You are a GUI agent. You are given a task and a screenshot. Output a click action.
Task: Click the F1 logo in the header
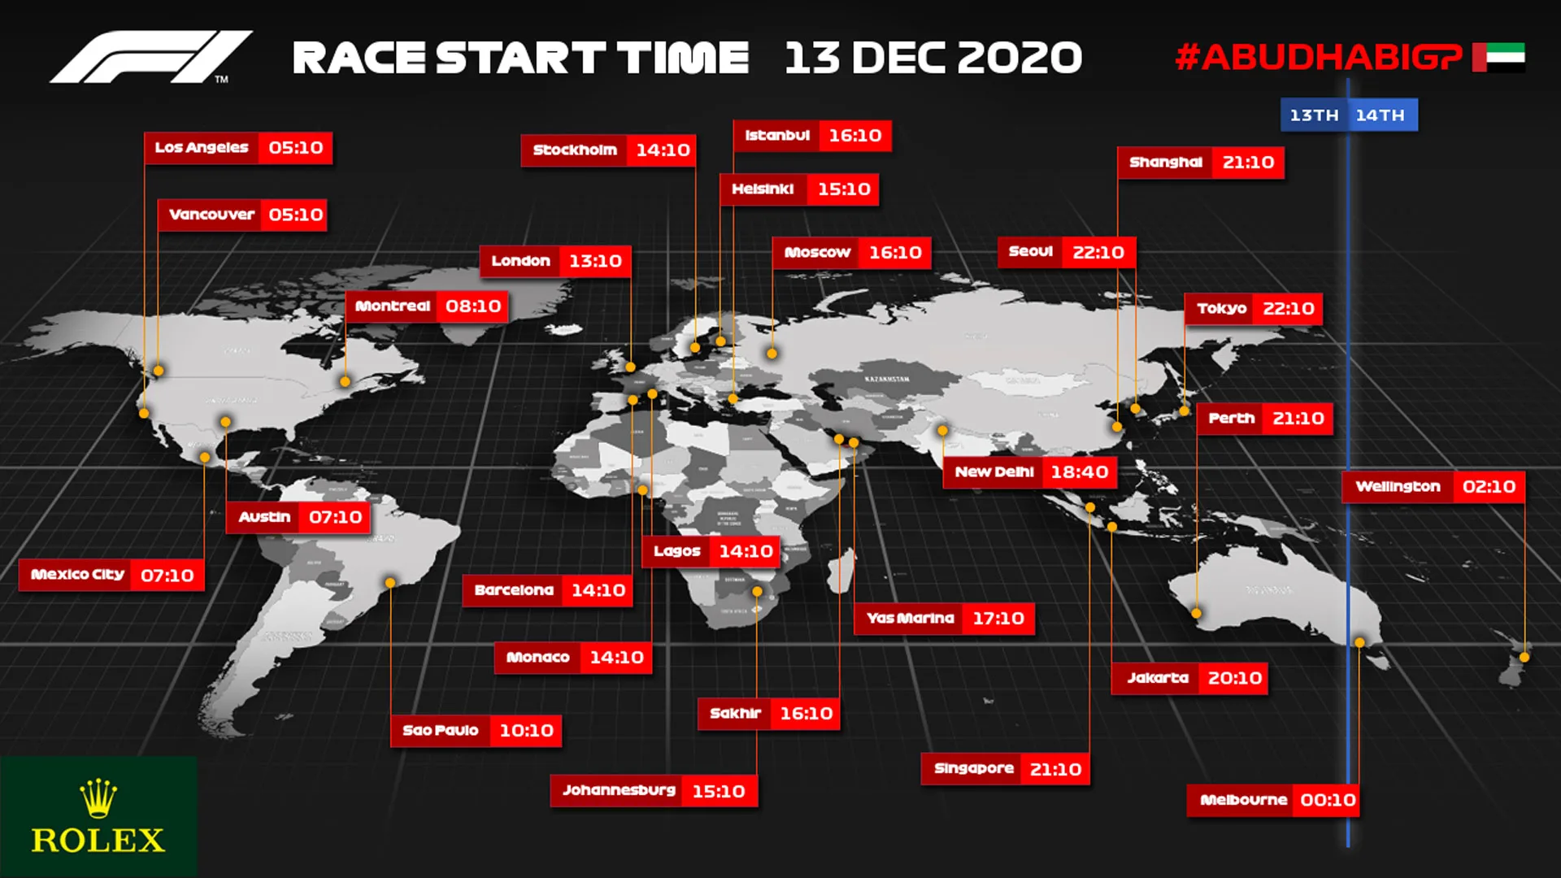(150, 57)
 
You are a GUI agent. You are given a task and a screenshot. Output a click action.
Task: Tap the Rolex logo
(98, 817)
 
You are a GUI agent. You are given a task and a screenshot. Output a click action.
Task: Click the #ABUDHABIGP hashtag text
(1318, 57)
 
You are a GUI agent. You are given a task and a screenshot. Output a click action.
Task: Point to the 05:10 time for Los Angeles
(295, 148)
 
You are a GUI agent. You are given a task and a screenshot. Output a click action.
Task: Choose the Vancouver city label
(211, 215)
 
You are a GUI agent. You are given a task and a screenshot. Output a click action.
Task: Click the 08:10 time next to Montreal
(473, 306)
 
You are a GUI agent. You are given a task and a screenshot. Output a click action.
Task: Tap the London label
(520, 261)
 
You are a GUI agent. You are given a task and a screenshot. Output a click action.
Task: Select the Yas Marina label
(910, 619)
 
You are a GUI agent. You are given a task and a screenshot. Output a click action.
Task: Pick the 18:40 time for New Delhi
(1079, 472)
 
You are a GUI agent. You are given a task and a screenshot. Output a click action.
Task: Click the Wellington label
(1398, 487)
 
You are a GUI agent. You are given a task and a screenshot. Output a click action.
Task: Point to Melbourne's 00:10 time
(1328, 800)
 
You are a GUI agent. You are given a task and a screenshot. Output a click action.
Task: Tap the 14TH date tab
(1381, 115)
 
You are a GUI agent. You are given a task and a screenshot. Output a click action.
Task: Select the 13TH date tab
(1314, 115)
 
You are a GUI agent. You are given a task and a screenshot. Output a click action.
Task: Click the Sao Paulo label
(440, 731)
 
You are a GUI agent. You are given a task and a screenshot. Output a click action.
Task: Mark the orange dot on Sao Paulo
(390, 583)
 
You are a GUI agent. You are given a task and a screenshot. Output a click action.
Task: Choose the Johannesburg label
(619, 790)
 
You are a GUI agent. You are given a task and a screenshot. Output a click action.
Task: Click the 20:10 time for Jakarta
(1234, 678)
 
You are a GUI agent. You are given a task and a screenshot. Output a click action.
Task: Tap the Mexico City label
(77, 575)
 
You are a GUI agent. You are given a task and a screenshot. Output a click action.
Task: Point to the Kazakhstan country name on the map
(887, 380)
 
